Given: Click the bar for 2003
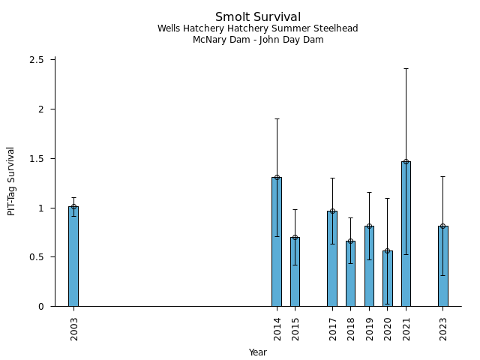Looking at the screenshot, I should point(73,256).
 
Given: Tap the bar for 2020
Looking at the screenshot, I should point(388,278).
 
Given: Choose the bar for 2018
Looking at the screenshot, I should point(350,274).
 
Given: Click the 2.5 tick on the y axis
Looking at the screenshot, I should point(37,60).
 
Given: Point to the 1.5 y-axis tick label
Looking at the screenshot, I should point(37,159).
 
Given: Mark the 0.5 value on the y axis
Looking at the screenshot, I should point(37,257).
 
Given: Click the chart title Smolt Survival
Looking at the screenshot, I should point(258,17).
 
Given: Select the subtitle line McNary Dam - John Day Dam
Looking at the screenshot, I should point(258,40).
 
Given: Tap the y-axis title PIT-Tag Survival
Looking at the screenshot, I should point(11,181).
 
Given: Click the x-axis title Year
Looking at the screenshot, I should point(258,352).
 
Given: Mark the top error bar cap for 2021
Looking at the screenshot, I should point(406,68).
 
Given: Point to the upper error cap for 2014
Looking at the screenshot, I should point(277,118).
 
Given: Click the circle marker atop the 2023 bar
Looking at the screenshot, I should point(443,226).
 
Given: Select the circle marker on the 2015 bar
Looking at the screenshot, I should point(295,237).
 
